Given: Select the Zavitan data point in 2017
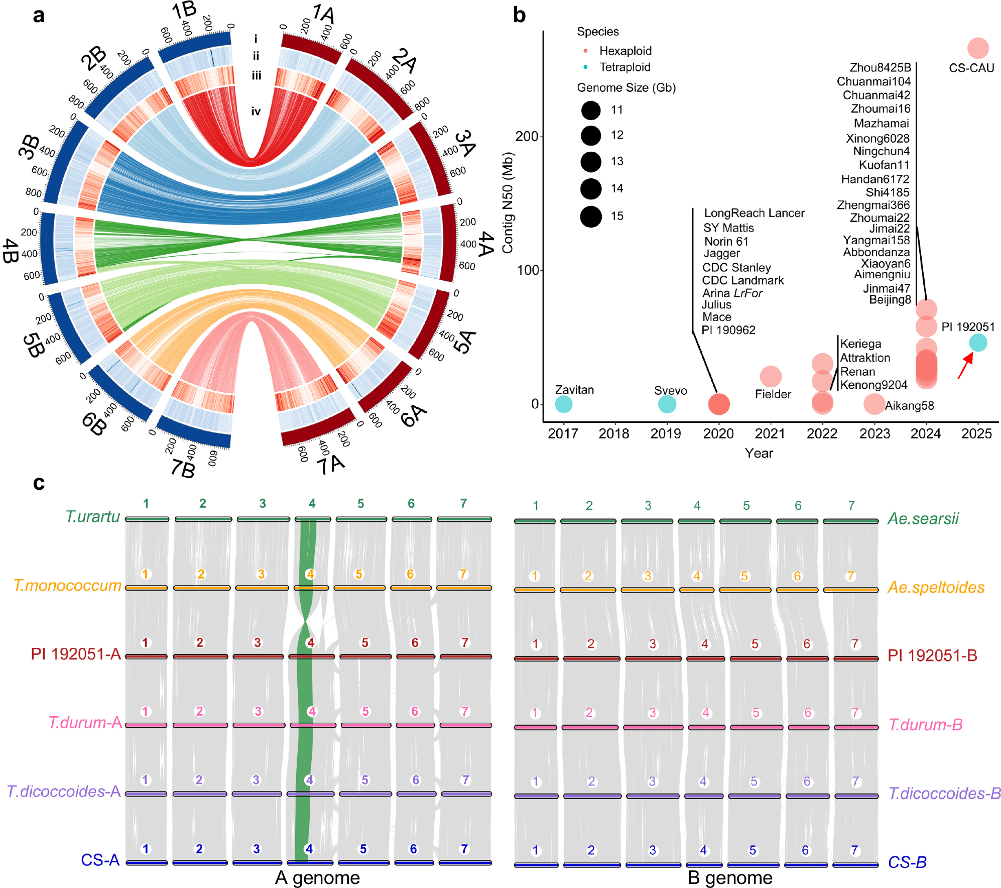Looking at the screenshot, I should tap(564, 404).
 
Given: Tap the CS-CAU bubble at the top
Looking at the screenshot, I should tap(977, 49).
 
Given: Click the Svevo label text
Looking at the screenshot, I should tap(670, 391).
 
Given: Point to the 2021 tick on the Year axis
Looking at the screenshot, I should tap(770, 433).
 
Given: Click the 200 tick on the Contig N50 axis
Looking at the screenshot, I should tap(527, 136).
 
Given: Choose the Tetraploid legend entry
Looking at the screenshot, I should tap(624, 67).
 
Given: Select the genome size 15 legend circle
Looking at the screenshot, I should tap(591, 216).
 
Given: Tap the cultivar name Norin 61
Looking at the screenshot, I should tap(726, 242).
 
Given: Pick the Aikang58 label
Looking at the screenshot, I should tap(909, 406).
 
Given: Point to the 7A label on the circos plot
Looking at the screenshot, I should tap(331, 465).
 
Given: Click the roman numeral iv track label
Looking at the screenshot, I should tap(256, 112).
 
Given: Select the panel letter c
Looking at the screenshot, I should tap(39, 483).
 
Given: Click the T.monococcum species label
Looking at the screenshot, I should tap(67, 586).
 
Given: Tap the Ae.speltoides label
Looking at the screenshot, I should tap(936, 587).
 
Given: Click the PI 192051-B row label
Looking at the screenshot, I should tap(932, 655).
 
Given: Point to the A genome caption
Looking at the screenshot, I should tap(317, 877).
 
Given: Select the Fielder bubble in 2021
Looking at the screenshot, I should tap(771, 376).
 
